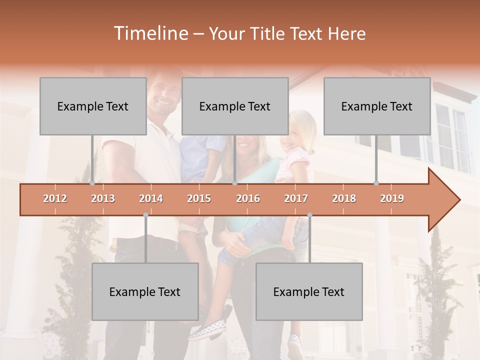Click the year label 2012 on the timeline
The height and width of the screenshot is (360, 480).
[x=55, y=198]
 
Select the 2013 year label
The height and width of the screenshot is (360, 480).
[x=103, y=198]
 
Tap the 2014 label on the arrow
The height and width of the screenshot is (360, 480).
[x=151, y=198]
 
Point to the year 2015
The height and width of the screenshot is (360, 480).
[x=199, y=198]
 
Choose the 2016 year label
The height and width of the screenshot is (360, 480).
[x=248, y=198]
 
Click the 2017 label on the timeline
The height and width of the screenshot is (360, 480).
[x=296, y=198]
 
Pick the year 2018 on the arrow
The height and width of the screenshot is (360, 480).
[x=344, y=198]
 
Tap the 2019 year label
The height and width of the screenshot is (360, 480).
[x=392, y=198]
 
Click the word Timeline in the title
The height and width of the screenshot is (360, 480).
[x=150, y=33]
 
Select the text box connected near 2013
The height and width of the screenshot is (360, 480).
[x=93, y=106]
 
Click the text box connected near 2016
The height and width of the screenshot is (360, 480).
[x=235, y=106]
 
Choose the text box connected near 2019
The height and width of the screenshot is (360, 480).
[x=377, y=106]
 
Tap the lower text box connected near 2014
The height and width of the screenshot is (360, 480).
[x=145, y=291]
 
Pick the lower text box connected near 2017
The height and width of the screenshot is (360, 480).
[x=309, y=291]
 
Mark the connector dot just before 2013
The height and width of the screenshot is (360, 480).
[x=92, y=183]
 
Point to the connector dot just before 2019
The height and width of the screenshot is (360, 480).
[x=376, y=183]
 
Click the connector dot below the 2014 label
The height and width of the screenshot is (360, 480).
[x=145, y=215]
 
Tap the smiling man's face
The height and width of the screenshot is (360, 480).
[x=164, y=97]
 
